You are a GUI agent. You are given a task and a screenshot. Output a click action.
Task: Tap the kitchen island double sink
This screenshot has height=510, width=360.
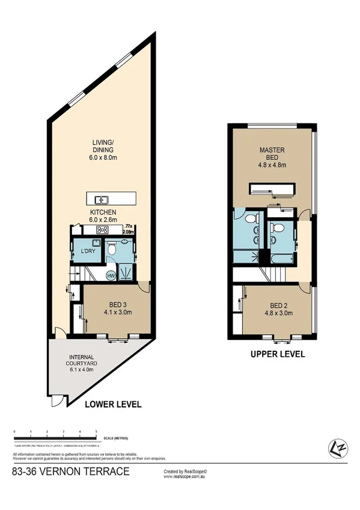point(102,200)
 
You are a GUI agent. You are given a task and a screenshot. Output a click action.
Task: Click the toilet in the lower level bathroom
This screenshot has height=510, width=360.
point(113,250)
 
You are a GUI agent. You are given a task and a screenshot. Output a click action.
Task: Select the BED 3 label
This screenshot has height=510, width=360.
point(117,304)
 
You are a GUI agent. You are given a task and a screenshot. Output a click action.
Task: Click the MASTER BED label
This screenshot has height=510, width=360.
point(272,153)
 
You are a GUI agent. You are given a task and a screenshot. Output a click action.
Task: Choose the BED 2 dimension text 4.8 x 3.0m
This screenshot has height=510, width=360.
point(278,312)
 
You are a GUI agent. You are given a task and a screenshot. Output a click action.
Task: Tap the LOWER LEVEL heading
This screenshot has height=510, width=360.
point(114,405)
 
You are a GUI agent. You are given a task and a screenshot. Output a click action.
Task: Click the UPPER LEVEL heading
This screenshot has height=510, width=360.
point(278,354)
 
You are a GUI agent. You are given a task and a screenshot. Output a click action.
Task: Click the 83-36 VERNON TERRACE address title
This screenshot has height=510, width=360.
point(70,472)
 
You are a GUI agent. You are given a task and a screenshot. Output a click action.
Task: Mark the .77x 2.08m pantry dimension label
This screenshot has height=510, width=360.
point(127,227)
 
